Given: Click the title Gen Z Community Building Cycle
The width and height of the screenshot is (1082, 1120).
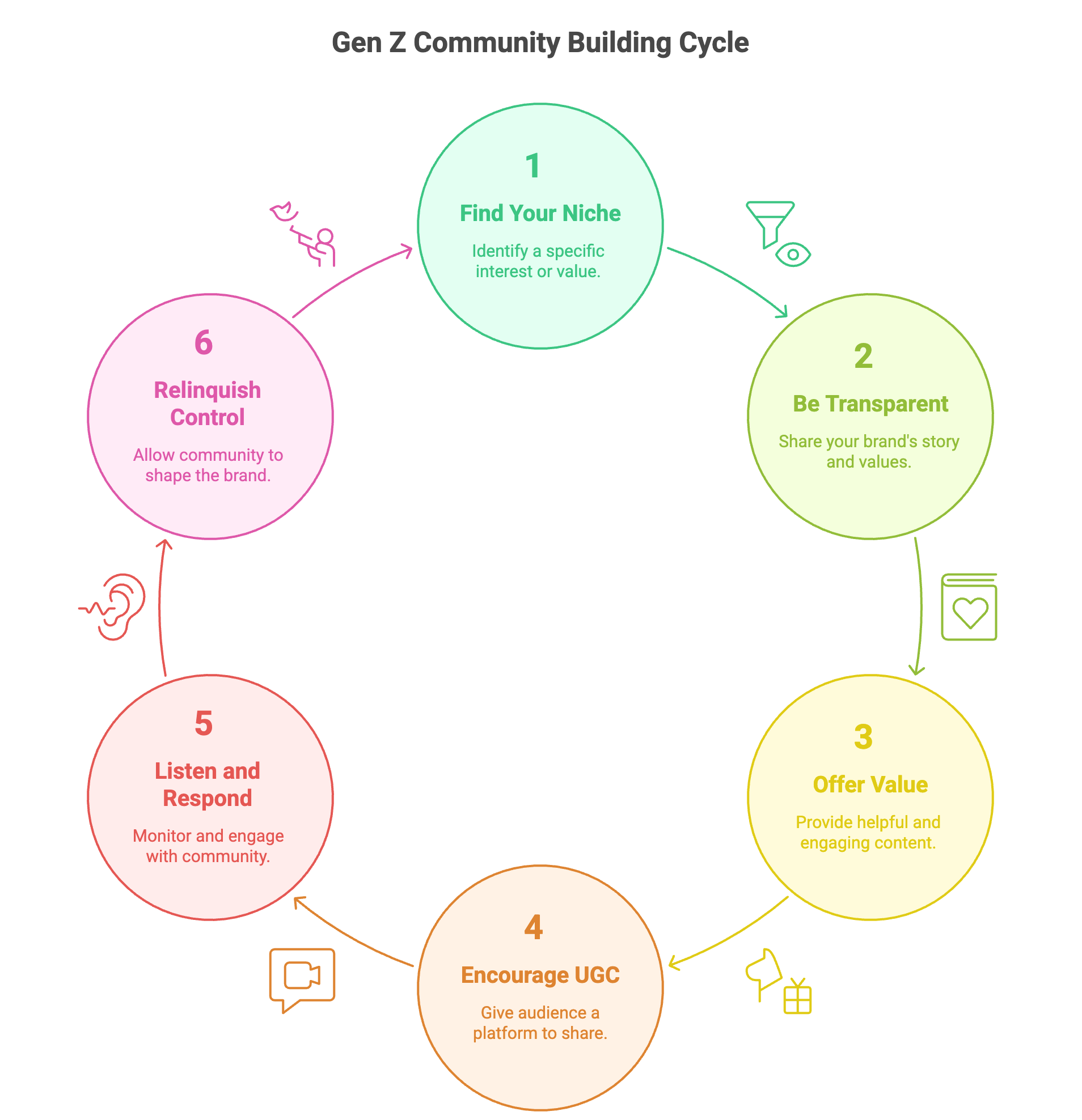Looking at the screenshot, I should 540,43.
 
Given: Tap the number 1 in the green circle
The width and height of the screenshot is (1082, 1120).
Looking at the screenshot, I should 532,166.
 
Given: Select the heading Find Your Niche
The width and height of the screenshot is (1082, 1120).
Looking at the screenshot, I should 540,213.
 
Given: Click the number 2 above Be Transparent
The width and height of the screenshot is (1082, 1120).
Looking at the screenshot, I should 863,356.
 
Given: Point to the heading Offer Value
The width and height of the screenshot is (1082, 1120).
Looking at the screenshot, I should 870,784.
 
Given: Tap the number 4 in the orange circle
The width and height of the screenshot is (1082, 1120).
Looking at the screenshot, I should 533,927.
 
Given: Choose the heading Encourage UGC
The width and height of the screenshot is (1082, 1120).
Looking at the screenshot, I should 540,975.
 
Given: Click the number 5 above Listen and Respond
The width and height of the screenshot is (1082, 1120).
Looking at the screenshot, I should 204,723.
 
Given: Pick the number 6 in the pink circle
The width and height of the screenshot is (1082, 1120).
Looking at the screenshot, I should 204,343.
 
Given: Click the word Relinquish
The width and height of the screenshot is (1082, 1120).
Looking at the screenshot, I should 208,391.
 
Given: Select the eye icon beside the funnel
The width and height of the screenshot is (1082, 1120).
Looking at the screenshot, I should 793,255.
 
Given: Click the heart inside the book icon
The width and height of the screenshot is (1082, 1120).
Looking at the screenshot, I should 970,613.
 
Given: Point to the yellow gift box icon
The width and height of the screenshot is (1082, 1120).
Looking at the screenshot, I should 797,997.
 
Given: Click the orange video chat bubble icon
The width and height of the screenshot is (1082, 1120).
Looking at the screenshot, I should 302,977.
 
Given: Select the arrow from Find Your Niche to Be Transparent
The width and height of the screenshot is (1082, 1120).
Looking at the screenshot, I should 732,277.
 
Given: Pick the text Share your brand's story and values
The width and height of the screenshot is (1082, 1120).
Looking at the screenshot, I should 869,451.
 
